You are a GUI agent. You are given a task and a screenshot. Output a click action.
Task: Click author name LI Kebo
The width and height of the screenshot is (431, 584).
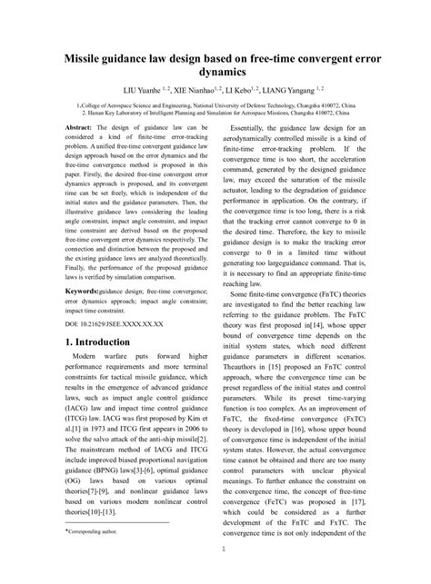click(x=249, y=91)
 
